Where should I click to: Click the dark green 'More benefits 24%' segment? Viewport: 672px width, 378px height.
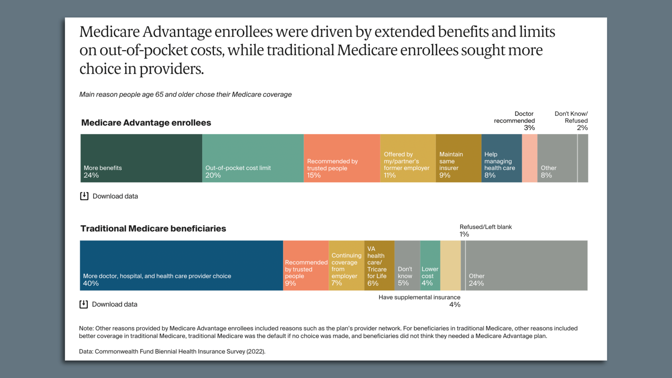tap(141, 158)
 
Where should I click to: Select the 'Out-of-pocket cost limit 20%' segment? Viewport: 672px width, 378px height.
tap(253, 158)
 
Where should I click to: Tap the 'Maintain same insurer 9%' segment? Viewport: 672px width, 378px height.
tap(458, 158)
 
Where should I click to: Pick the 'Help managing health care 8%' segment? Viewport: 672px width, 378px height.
tap(502, 158)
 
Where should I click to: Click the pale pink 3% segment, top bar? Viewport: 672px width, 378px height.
tap(530, 158)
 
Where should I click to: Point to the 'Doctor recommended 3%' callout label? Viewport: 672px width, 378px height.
tap(514, 121)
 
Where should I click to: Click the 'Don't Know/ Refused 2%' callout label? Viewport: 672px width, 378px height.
tap(571, 121)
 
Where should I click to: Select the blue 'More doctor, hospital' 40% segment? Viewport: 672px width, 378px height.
tap(181, 265)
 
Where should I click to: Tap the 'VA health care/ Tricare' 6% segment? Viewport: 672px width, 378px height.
tap(379, 265)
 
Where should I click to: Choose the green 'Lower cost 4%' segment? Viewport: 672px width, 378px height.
tap(430, 265)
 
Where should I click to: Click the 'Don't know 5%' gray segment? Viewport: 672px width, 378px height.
tap(407, 265)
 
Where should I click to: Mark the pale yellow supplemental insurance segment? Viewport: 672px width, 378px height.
tap(450, 265)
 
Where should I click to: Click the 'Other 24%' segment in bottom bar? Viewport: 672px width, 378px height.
tap(526, 265)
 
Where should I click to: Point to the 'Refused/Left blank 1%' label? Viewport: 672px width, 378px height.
tap(485, 230)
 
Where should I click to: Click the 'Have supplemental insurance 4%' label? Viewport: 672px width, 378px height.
tap(419, 301)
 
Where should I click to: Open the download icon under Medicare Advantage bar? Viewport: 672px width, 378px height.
tap(84, 196)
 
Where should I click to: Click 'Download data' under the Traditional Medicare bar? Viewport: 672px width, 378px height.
tap(114, 304)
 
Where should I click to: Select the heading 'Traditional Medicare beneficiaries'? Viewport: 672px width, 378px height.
tap(153, 229)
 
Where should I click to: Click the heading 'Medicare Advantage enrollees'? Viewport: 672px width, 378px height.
tap(146, 123)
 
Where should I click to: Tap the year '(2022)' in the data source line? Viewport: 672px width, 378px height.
tap(255, 351)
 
